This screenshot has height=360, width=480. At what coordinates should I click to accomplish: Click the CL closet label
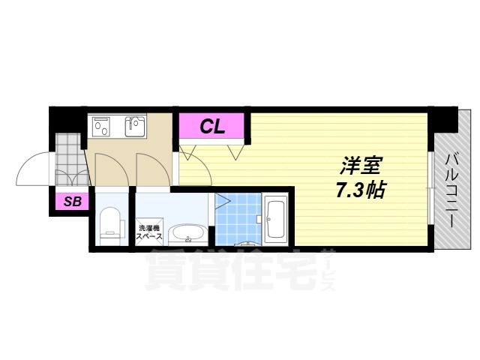212,126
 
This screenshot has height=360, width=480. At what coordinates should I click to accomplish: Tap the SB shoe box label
72,200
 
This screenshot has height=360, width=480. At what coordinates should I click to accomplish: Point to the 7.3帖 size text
360,189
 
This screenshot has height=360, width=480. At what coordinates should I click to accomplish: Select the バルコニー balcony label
452,184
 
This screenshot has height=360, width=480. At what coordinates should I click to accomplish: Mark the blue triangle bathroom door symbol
222,201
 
